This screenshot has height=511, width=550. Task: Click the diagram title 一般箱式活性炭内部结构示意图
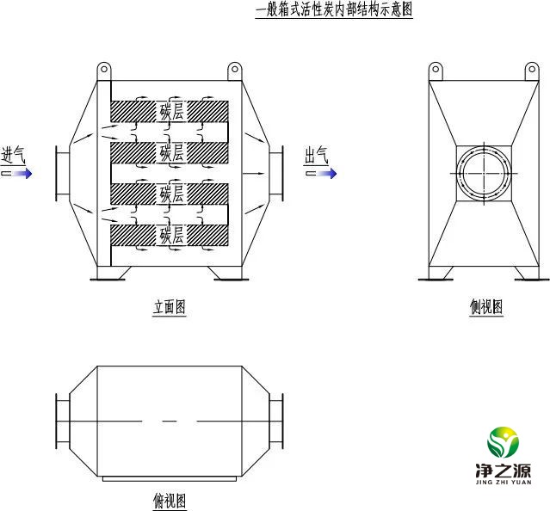tap(334, 9)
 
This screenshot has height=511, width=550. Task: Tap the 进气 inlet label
tap(13, 155)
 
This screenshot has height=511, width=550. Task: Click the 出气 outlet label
tap(316, 155)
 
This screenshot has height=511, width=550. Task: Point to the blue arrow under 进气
tap(17, 174)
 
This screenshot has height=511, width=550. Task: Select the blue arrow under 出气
tap(321, 174)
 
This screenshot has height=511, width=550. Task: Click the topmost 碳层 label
tap(171, 112)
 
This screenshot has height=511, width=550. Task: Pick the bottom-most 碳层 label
tap(171, 235)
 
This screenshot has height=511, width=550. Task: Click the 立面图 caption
tap(169, 307)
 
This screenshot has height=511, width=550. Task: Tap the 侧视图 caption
tap(486, 307)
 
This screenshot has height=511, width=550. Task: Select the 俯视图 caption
tap(170, 501)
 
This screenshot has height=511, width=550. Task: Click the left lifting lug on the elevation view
tap(104, 71)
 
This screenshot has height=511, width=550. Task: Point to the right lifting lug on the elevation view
tap(235, 71)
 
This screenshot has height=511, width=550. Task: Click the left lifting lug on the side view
tap(436, 71)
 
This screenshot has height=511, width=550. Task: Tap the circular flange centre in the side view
tap(484, 173)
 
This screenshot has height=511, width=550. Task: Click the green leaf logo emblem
tap(503, 442)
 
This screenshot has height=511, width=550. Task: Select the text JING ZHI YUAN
tap(504, 483)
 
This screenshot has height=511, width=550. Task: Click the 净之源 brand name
tap(504, 471)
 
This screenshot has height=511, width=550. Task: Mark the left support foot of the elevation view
tap(110, 274)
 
